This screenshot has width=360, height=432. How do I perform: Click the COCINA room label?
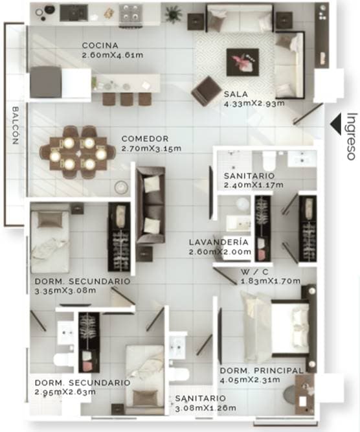[x=100, y=45]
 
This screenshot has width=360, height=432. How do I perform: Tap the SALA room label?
[x=236, y=94]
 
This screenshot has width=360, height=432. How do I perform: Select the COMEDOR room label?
[x=145, y=139]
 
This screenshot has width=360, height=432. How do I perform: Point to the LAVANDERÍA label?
[x=219, y=242]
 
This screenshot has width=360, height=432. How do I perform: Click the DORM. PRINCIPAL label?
[x=262, y=370]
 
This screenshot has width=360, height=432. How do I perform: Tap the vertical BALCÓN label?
[x=16, y=126]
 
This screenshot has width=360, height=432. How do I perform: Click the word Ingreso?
[x=351, y=137]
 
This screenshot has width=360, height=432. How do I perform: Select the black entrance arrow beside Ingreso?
[x=336, y=124]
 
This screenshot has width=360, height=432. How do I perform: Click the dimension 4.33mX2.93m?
[x=254, y=104]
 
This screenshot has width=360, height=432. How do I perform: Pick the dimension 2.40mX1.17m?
[x=253, y=185]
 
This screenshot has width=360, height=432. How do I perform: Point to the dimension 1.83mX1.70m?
[x=271, y=281]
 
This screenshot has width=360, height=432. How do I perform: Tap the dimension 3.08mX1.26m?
[x=205, y=408]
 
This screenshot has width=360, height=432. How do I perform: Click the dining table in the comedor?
[x=78, y=153]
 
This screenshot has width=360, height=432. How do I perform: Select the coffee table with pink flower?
[x=242, y=62]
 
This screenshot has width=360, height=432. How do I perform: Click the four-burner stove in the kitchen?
[x=130, y=13]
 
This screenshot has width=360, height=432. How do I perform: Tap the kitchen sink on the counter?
[x=74, y=13]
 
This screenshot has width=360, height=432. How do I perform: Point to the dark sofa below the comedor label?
[x=151, y=205]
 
